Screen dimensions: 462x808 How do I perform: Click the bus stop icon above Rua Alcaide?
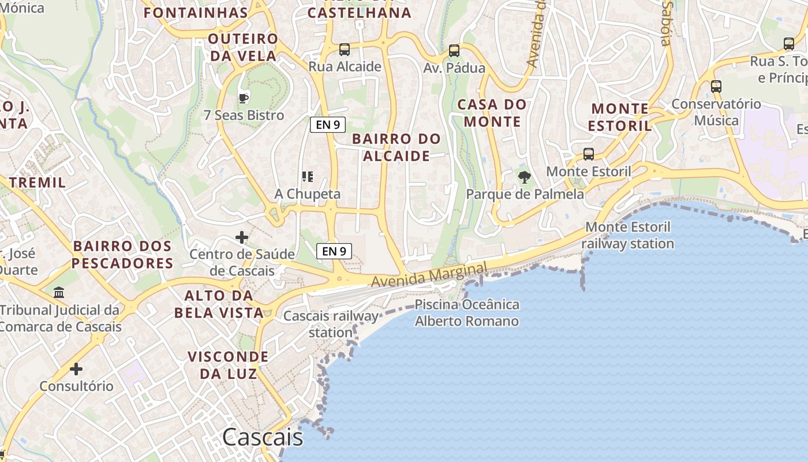coord(345,50)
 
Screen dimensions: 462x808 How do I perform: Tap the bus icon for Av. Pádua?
coord(454,51)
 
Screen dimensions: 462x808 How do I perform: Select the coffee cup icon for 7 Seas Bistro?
coord(244,98)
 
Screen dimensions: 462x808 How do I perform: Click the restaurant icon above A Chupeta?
coord(308,176)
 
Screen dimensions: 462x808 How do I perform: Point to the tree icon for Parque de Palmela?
coord(525,177)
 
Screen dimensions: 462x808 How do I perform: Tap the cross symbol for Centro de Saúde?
coord(242,237)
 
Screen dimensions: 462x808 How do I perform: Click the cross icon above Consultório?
coord(76,368)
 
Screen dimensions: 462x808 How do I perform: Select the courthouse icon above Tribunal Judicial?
coord(59,293)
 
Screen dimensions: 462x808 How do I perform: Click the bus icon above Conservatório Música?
coord(716,87)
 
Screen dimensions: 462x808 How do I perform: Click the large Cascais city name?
coord(263,437)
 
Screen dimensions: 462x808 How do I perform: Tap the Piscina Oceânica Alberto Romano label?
coord(467,312)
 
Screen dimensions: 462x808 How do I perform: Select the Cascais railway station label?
coord(331,324)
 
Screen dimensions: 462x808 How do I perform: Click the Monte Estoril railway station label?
coord(627,235)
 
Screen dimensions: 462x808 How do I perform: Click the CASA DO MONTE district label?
coord(492,113)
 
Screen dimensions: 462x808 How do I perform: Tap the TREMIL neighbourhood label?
coord(38,182)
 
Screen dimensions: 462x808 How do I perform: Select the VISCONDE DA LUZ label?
coord(228,364)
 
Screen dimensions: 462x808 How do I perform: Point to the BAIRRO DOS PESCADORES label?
coord(123,255)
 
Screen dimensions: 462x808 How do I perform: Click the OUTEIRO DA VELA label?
coord(243,47)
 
